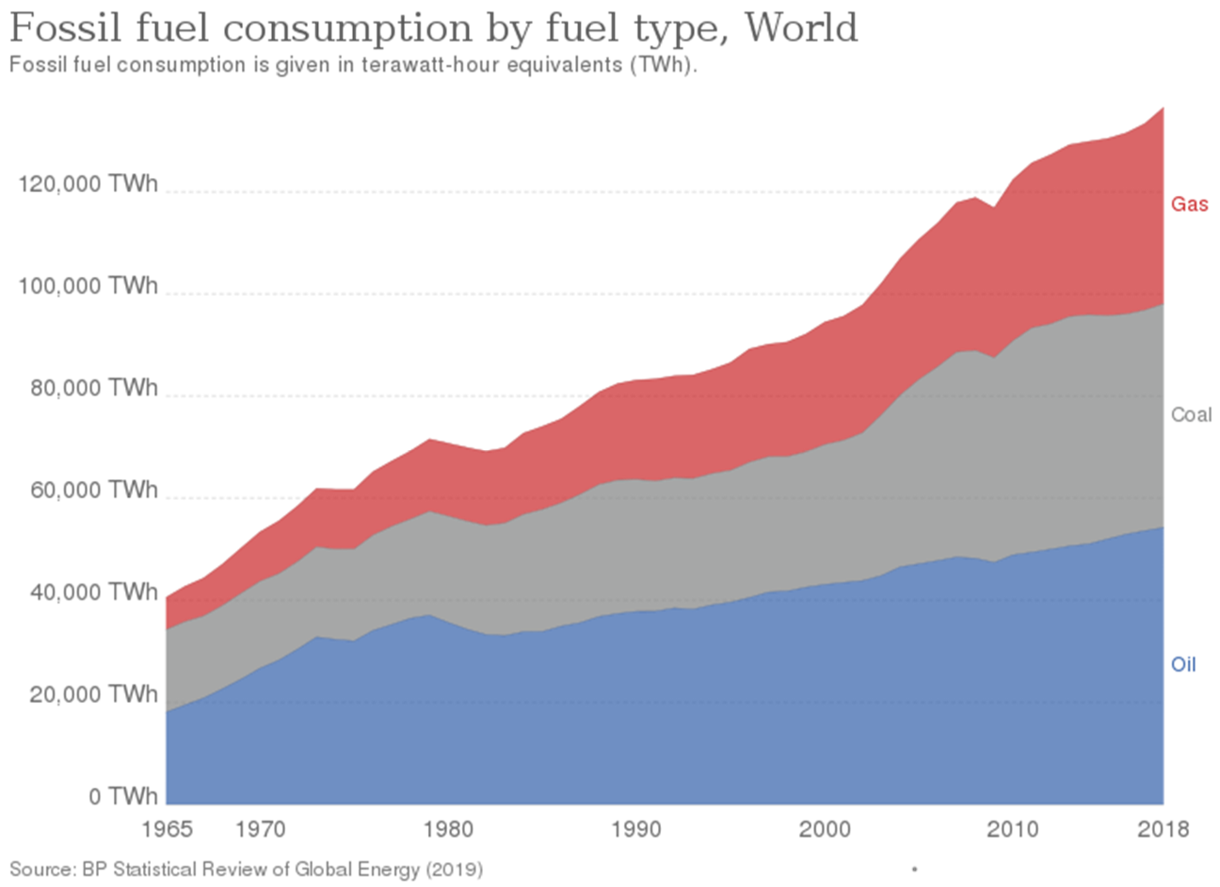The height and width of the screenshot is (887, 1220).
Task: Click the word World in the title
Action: [x=793, y=28]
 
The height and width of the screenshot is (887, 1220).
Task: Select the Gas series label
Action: [x=1189, y=204]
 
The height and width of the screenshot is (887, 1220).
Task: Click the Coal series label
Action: [x=1191, y=415]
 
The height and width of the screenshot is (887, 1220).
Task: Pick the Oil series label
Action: [x=1183, y=665]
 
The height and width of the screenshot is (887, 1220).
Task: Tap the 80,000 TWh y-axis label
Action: [x=94, y=388]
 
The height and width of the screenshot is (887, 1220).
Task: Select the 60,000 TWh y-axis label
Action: [x=94, y=490]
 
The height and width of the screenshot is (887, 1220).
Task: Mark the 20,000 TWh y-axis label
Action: [x=94, y=694]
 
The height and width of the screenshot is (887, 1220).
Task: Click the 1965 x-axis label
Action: [x=167, y=830]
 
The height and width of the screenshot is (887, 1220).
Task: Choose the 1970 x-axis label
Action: [x=261, y=830]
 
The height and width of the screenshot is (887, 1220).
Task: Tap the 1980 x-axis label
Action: [x=449, y=830]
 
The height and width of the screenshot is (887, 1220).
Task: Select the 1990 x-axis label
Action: [x=636, y=830]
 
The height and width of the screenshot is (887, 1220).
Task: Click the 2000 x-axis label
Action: [x=825, y=830]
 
